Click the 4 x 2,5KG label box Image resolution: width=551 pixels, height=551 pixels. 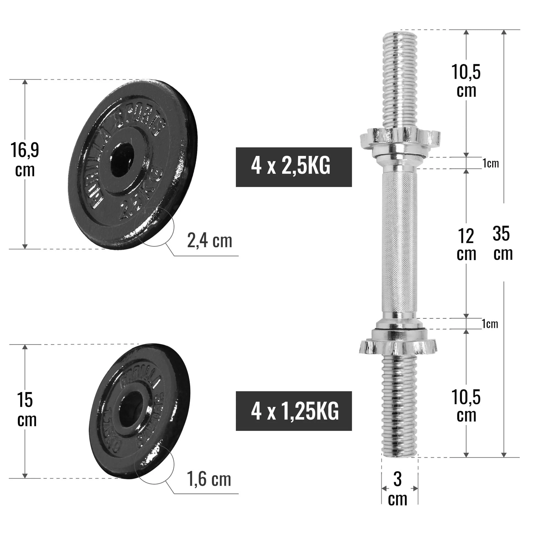(293, 167)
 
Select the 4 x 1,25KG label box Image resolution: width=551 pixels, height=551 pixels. (293, 411)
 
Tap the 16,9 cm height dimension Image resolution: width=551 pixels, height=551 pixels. (25, 160)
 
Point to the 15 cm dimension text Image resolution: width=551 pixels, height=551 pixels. (26, 410)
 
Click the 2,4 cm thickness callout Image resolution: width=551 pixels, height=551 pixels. (210, 241)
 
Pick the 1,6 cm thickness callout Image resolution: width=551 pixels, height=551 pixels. (209, 479)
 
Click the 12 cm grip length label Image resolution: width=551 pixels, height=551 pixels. (466, 245)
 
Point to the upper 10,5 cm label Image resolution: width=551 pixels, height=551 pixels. (466, 81)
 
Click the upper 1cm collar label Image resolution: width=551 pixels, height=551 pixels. (491, 163)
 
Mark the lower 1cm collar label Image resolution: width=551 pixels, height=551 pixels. (490, 324)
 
